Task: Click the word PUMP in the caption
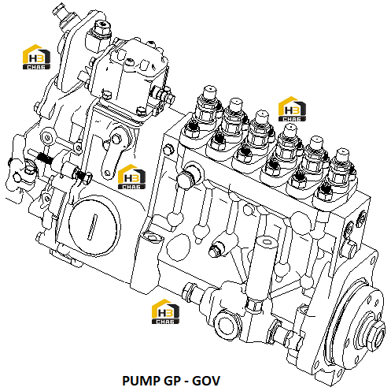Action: pyautogui.click(x=141, y=381)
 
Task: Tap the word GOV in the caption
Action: pyautogui.click(x=206, y=381)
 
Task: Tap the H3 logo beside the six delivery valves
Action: pyautogui.click(x=292, y=109)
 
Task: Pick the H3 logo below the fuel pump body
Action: pyautogui.click(x=165, y=311)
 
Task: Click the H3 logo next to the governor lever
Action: pyautogui.click(x=131, y=177)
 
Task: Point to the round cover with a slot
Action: pyautogui.click(x=94, y=226)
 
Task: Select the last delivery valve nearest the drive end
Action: pyautogui.click(x=341, y=169)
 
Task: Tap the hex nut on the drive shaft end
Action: pyautogui.click(x=377, y=333)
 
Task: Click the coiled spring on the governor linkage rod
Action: pyautogui.click(x=45, y=158)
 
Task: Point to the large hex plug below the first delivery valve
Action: pyautogui.click(x=187, y=179)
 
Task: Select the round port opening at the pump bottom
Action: pyautogui.click(x=226, y=326)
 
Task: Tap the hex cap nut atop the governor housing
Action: pyautogui.click(x=101, y=29)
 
